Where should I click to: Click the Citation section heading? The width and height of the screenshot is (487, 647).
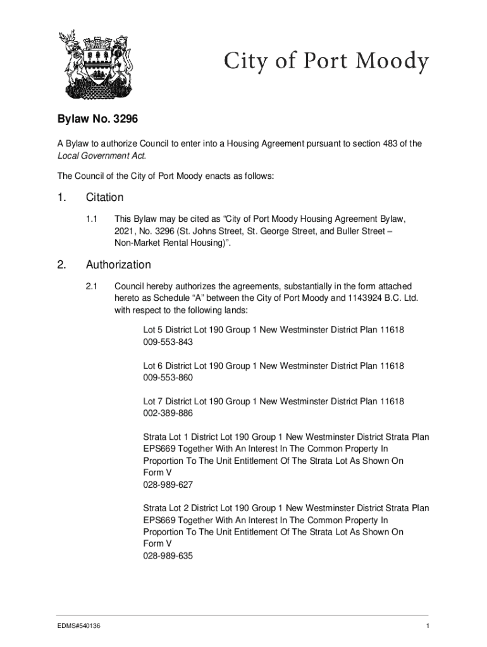pyautogui.click(x=104, y=197)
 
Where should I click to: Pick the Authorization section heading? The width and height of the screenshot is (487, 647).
pyautogui.click(x=118, y=265)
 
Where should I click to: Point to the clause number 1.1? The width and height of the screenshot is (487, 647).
pyautogui.click(x=91, y=219)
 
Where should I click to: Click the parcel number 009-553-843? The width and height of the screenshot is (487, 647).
pyautogui.click(x=168, y=342)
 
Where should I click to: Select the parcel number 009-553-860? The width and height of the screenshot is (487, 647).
pyautogui.click(x=168, y=378)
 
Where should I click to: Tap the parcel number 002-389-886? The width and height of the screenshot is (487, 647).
pyautogui.click(x=168, y=413)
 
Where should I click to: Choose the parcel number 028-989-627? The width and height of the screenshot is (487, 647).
pyautogui.click(x=168, y=485)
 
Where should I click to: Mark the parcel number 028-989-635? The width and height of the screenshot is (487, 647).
pyautogui.click(x=168, y=556)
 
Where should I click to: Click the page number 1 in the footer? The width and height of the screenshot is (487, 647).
pyautogui.click(x=428, y=626)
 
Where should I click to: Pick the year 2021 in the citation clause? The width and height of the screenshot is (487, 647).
pyautogui.click(x=124, y=231)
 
